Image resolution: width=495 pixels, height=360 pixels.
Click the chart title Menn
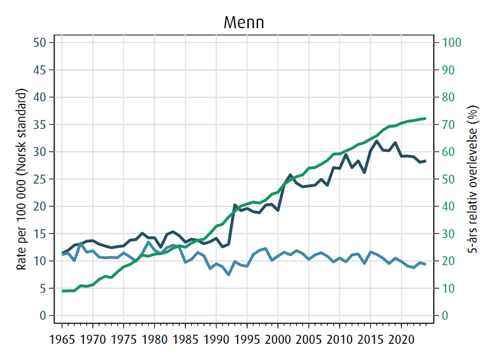pos(244,22)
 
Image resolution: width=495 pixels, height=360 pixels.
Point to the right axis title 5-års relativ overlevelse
pos(472,179)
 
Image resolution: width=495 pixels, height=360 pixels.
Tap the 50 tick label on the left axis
pos(40,43)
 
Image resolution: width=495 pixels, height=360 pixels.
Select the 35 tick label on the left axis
pos(40,124)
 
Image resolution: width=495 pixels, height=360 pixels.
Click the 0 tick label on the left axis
pos(43,316)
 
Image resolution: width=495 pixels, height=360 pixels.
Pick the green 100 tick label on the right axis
pos(451,43)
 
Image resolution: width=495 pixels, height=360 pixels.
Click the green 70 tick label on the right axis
pos(448,124)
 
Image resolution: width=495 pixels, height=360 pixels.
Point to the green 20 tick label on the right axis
pos(448,261)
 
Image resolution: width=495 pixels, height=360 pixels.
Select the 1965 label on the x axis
pos(62,340)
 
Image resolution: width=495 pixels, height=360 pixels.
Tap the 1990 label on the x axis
pos(216,340)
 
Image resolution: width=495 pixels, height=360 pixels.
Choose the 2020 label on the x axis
pos(401,340)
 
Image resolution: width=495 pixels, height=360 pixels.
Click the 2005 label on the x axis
pos(309,340)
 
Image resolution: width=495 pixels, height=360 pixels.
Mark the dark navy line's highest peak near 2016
pos(377,141)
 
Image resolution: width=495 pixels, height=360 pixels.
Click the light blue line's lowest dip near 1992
pos(229,275)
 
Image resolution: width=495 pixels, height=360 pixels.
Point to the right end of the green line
pos(425,118)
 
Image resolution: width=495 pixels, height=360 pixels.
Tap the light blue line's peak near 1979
pos(148,242)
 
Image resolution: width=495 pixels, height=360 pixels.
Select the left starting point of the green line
pos(62,291)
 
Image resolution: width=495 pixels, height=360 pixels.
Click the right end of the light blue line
pos(425,264)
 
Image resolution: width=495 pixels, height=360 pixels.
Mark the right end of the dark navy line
pos(425,161)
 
